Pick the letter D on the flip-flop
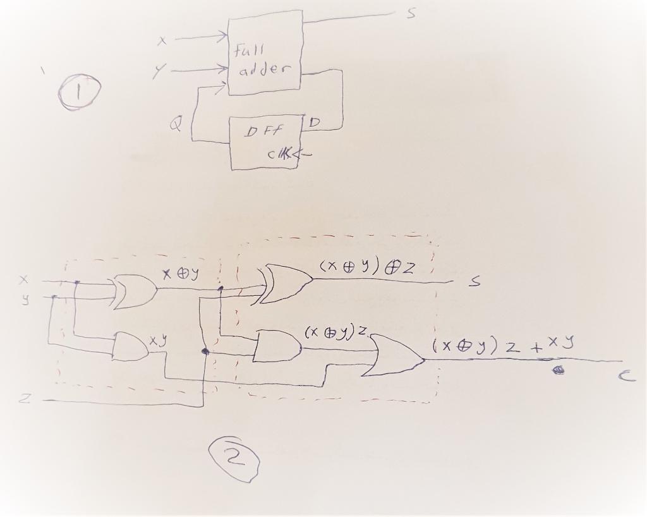(x=314, y=121)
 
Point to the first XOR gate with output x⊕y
(x=135, y=291)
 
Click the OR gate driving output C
(x=397, y=356)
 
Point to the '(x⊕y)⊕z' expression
(x=367, y=267)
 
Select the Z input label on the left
(x=23, y=399)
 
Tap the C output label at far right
(x=624, y=377)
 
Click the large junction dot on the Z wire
(x=205, y=351)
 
